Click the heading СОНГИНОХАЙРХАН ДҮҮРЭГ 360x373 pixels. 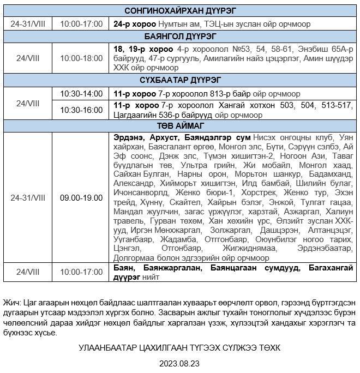[180, 11]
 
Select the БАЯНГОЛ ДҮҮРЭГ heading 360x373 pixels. [180, 37]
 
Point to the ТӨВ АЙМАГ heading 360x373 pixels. [180, 125]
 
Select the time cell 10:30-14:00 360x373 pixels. [81, 93]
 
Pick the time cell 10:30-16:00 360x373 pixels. [81, 110]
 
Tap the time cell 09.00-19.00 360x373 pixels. [81, 197]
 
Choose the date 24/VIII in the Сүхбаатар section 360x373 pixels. [28, 101]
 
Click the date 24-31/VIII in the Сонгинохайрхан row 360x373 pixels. [28, 24]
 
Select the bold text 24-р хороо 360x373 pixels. [134, 24]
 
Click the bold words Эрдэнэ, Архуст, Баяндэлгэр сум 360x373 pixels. [182, 136]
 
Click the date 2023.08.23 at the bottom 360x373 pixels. [179, 363]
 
